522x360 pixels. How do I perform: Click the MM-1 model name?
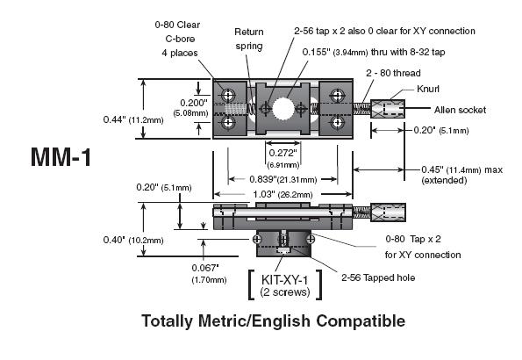pyautogui.click(x=61, y=157)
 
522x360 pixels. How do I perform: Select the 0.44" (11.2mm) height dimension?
pyautogui.click(x=133, y=119)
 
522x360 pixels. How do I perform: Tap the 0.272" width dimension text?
pyautogui.click(x=282, y=153)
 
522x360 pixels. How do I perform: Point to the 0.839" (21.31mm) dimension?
pyautogui.click(x=283, y=180)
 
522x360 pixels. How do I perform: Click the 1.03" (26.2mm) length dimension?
pyautogui.click(x=282, y=194)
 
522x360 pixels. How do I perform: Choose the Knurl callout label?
pyautogui.click(x=428, y=89)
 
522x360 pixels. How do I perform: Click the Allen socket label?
pyautogui.click(x=460, y=110)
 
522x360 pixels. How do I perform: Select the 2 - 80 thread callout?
pyautogui.click(x=393, y=73)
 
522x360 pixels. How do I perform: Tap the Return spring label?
pyautogui.click(x=249, y=39)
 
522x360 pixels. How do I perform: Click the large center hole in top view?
pyautogui.click(x=283, y=108)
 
